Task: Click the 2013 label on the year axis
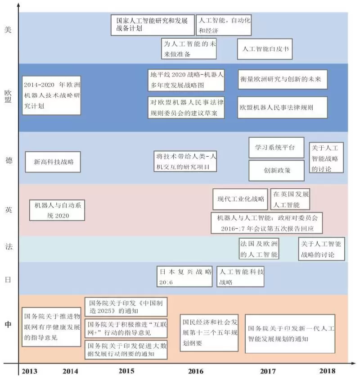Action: (28, 371)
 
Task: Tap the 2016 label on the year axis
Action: (196, 371)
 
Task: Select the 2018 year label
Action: (327, 371)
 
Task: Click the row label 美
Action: (7, 29)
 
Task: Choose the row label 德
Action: (8, 161)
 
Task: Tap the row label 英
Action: (8, 210)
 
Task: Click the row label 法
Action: (8, 247)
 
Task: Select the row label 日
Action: (8, 279)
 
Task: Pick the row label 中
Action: (8, 325)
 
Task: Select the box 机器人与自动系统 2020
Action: (57, 210)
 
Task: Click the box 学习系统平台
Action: (276, 148)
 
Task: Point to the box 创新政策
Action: (276, 171)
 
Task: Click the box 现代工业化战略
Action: (240, 199)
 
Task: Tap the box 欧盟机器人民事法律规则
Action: (282, 108)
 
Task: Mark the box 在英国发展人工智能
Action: (290, 199)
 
